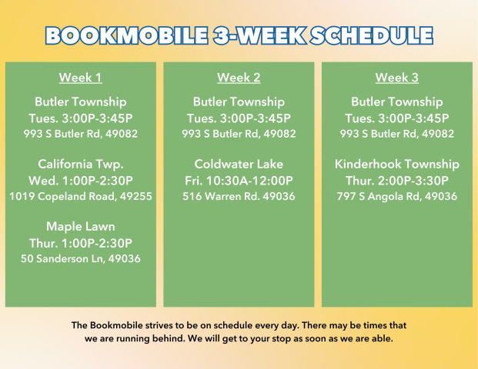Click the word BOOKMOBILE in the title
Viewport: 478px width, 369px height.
126,35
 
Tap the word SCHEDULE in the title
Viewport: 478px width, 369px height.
372,35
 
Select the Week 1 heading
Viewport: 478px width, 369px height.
81,78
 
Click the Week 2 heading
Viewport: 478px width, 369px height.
239,78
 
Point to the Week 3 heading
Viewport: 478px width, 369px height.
397,78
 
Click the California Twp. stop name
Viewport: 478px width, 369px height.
81,165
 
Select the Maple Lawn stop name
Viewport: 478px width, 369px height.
81,227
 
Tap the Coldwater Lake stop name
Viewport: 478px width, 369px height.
239,164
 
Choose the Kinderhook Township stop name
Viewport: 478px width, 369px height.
397,165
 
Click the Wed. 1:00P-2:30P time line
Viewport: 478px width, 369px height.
81,181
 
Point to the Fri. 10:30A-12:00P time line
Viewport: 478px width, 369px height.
239,181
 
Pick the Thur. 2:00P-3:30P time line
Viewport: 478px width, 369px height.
397,181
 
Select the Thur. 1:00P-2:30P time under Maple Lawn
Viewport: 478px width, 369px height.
81,243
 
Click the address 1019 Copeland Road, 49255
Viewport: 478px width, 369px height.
81,196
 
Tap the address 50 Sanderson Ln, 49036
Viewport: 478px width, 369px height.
81,259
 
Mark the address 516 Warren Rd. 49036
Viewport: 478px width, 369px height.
239,196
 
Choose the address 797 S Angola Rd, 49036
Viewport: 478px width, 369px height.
397,196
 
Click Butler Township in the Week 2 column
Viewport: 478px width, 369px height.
239,102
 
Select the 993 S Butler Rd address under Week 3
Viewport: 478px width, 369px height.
397,134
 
